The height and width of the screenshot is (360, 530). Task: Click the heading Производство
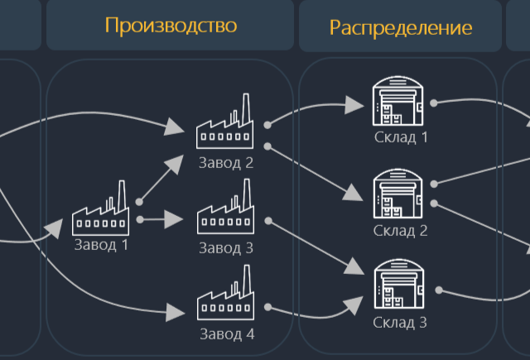(171, 25)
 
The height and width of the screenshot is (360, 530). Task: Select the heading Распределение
(401, 27)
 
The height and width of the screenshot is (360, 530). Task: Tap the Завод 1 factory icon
(101, 210)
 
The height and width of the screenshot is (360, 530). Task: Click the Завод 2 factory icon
(224, 123)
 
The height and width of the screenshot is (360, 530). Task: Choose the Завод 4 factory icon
(224, 300)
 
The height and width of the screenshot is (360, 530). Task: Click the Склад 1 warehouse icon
(400, 100)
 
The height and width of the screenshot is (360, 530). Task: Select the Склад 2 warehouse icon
(400, 194)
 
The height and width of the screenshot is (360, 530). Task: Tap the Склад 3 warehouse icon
(400, 286)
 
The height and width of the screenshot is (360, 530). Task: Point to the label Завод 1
(101, 245)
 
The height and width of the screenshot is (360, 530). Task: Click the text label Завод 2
(225, 162)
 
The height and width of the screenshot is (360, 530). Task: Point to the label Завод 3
(225, 247)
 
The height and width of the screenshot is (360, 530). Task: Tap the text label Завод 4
(226, 335)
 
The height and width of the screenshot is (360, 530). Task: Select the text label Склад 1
(400, 137)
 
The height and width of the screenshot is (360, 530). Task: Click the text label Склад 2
(400, 231)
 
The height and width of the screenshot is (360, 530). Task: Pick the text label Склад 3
(400, 323)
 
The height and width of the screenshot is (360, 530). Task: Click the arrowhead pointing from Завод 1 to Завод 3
(174, 219)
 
